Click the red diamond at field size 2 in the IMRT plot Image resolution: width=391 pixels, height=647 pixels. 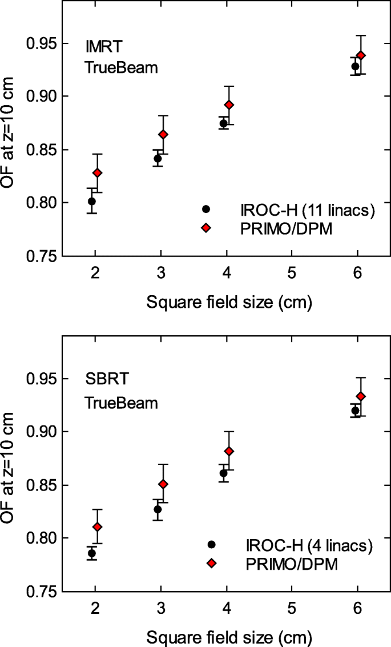point(98,172)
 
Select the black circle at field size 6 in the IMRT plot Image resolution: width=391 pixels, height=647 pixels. point(355,66)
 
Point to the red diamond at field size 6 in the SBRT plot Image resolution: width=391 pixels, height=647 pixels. point(361,396)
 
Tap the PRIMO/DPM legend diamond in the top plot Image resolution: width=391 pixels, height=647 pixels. point(206,228)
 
